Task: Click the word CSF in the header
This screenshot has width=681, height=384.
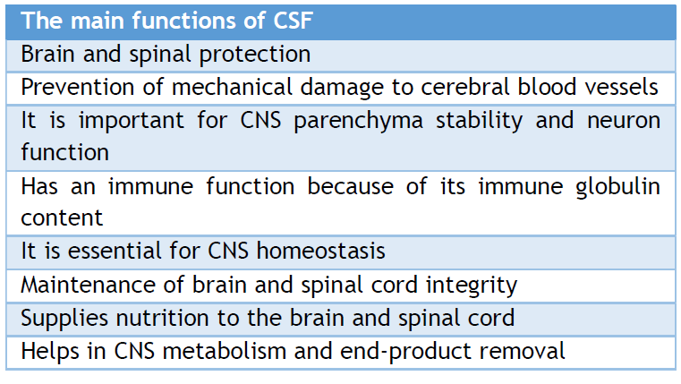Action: point(294,21)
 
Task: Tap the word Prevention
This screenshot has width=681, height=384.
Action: point(78,87)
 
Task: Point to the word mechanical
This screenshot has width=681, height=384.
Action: point(232,87)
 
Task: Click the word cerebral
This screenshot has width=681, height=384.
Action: point(464,87)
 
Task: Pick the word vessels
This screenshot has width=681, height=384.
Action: point(622,87)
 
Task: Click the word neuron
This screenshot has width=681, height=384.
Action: point(624,121)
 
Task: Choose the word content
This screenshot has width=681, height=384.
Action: point(62,218)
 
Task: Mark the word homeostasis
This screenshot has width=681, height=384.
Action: point(321,251)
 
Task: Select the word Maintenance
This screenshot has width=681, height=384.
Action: point(89,286)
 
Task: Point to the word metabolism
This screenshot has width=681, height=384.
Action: point(224,351)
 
